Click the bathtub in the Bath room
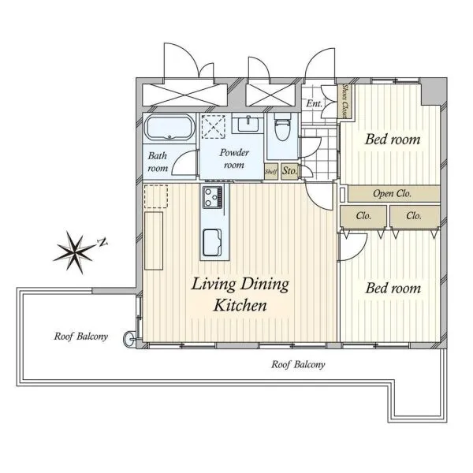[x=169, y=127]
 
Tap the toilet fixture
[x=282, y=128]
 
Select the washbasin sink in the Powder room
[x=248, y=124]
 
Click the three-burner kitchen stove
[x=213, y=197]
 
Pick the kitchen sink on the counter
[x=212, y=243]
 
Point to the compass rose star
[x=74, y=252]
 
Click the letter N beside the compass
[x=102, y=242]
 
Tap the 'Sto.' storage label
[x=289, y=171]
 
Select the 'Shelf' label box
[x=271, y=172]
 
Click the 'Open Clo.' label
[x=392, y=193]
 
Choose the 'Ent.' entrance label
[x=315, y=103]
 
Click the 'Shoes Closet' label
[x=345, y=101]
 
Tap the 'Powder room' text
[x=234, y=158]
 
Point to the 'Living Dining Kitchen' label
[x=240, y=294]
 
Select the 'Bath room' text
[x=158, y=162]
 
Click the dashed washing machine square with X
[x=214, y=127]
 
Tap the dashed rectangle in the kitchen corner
[x=156, y=196]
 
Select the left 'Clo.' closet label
[x=363, y=216]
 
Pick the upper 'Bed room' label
[x=393, y=140]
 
